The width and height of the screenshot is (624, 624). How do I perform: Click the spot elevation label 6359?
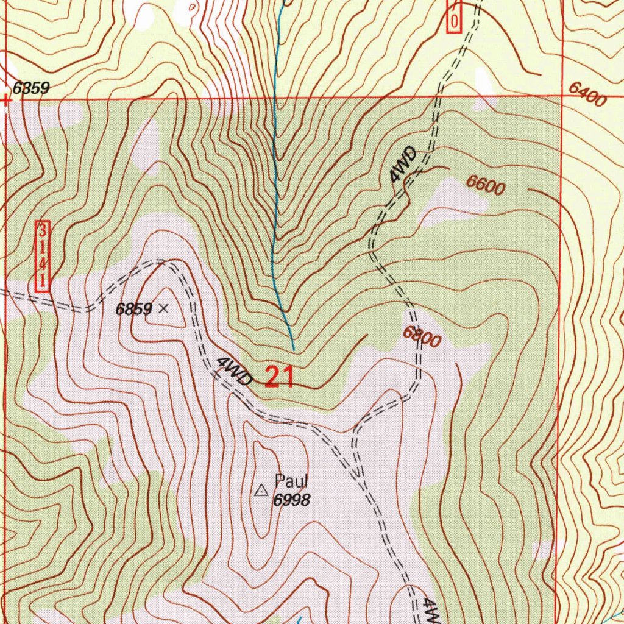(30, 89)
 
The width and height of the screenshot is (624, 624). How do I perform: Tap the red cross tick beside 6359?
(5, 101)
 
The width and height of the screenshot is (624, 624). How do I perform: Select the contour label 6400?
(587, 94)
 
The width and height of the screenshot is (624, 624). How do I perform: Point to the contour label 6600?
(486, 185)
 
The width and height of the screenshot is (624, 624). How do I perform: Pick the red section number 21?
(280, 378)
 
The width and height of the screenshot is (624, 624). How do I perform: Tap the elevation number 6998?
(292, 500)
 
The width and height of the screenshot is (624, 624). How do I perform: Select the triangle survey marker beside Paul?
(261, 490)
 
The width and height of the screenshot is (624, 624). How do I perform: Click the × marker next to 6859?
(163, 309)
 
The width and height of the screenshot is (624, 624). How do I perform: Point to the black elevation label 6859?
(134, 310)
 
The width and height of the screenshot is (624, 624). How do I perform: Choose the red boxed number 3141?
(43, 256)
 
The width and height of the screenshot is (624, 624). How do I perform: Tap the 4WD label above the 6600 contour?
(404, 165)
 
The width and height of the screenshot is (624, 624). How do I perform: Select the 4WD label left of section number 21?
(234, 372)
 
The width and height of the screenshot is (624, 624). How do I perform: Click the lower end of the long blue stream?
(294, 350)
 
